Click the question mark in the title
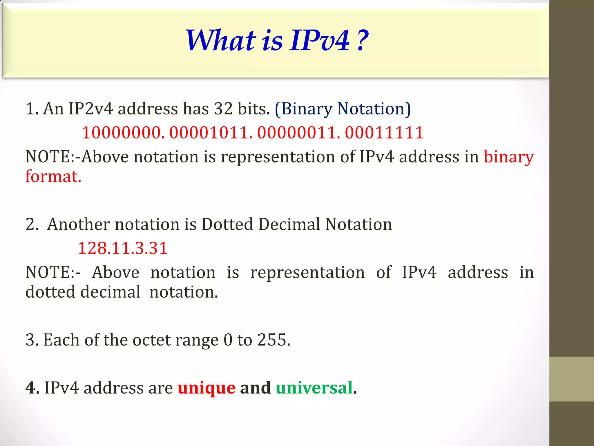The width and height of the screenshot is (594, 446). tap(362, 41)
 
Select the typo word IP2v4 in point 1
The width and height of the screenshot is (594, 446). tap(90, 109)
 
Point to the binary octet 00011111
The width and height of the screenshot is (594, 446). tap(384, 133)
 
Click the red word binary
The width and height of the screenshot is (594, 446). tap(509, 157)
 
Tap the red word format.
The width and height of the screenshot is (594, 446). tap(53, 177)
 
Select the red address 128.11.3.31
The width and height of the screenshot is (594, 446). tap(122, 249)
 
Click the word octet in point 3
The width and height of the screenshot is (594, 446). tap(151, 340)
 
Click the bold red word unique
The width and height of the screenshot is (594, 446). tap(207, 388)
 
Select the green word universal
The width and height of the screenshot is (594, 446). tap(314, 388)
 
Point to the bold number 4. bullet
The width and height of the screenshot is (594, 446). tap(32, 388)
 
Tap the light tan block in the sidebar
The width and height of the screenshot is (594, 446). tap(571, 379)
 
